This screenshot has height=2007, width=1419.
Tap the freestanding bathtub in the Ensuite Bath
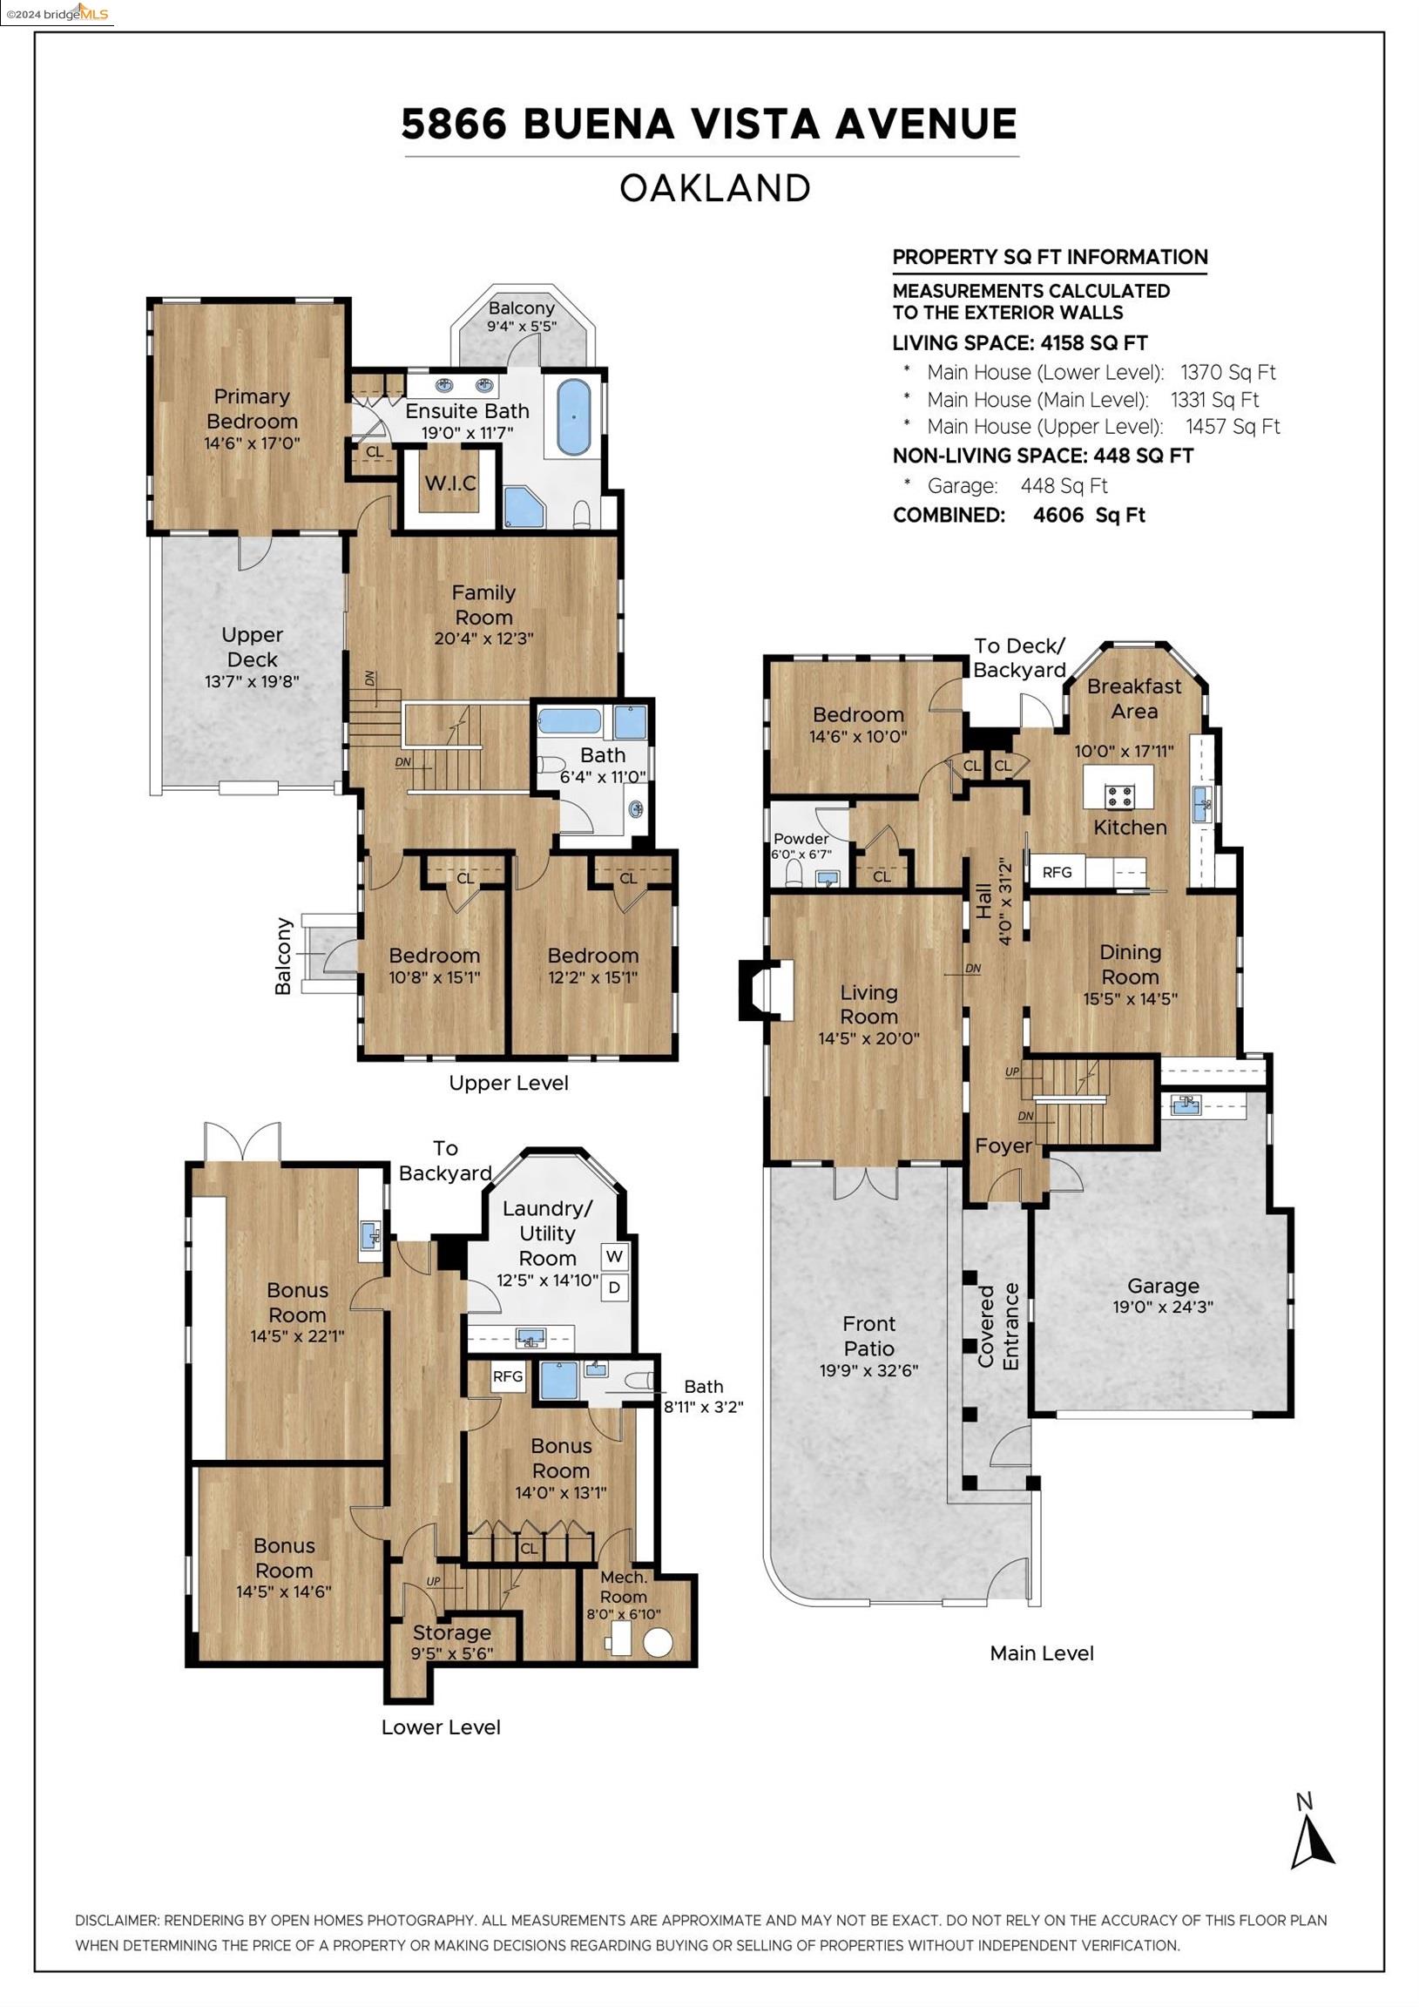[572, 417]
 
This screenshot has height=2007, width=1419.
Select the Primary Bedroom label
[252, 409]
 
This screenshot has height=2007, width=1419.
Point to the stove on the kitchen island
[1120, 796]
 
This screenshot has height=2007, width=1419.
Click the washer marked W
[615, 1256]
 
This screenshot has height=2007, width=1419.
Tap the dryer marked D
[615, 1287]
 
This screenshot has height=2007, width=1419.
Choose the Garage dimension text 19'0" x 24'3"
[1163, 1307]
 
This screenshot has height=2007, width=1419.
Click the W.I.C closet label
[450, 483]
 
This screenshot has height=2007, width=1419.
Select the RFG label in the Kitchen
[1057, 871]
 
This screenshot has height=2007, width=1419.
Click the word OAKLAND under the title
[715, 189]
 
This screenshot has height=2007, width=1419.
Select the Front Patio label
[869, 1335]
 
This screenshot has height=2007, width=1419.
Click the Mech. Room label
[624, 1586]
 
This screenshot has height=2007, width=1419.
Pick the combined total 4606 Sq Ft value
[1089, 515]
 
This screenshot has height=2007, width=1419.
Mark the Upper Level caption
[509, 1083]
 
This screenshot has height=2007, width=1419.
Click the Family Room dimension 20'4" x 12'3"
[483, 639]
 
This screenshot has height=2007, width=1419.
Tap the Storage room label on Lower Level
[452, 1632]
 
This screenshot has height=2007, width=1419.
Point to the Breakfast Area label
[1134, 699]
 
